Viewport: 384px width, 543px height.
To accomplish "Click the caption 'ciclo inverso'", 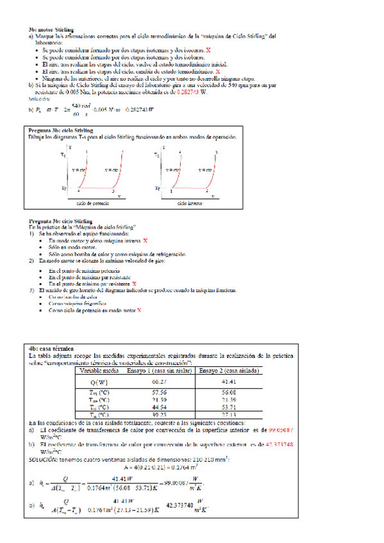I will [x=190, y=202].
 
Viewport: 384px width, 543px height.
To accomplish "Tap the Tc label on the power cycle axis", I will [x=63, y=155].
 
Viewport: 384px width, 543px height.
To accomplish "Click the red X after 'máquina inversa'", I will [x=146, y=240].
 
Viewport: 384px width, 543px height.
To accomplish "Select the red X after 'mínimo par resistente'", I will [x=134, y=283].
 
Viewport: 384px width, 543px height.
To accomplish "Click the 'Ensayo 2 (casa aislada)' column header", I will [x=228, y=370].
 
